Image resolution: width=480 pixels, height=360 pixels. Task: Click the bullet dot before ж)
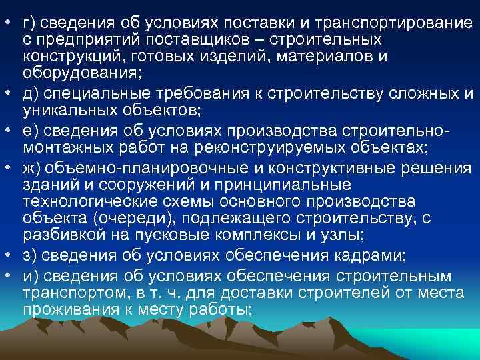pyautogui.click(x=11, y=165)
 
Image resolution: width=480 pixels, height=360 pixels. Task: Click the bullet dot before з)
pyautogui.click(x=11, y=257)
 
